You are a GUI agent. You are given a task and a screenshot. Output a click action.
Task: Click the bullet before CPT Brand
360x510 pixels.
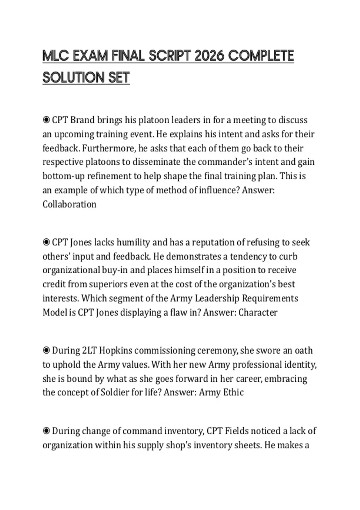click(x=46, y=120)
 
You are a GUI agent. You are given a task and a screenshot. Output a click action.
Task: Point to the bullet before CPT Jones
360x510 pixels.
click(x=46, y=242)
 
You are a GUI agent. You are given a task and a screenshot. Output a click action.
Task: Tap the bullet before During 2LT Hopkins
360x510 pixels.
click(x=46, y=350)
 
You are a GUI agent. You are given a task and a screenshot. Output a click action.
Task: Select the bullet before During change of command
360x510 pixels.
click(x=46, y=431)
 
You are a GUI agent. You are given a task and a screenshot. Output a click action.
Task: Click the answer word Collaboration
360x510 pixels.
click(x=69, y=204)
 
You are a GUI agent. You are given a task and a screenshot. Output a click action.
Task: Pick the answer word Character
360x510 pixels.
click(x=258, y=312)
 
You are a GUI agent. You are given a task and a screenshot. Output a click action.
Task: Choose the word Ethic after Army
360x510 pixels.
click(x=233, y=392)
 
